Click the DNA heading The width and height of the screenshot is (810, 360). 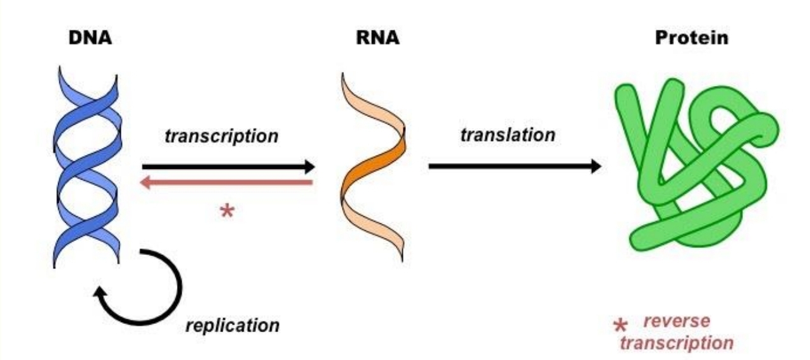[x=90, y=38]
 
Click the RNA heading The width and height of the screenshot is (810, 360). [x=377, y=38]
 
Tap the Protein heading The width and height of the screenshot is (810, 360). [x=691, y=38]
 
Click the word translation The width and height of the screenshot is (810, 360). [x=508, y=135]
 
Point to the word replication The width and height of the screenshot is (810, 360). [x=232, y=326]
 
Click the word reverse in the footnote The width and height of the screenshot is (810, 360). [x=677, y=321]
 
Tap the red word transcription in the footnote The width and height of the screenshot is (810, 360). [x=677, y=343]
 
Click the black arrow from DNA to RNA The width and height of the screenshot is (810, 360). [x=228, y=167]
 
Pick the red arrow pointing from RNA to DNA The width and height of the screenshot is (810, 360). [x=228, y=183]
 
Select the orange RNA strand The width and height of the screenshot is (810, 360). [x=372, y=168]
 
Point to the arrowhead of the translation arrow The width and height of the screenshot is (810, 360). [x=594, y=166]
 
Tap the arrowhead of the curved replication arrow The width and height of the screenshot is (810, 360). [x=99, y=293]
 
